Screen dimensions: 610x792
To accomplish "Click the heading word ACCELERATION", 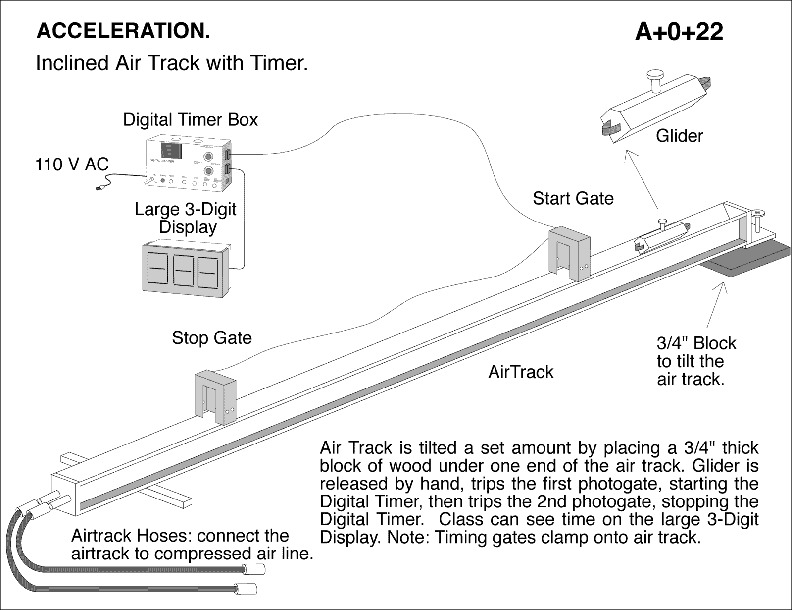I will point(123,31).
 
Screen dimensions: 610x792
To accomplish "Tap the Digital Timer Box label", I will point(191,120).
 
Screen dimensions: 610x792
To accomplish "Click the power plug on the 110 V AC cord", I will point(99,188).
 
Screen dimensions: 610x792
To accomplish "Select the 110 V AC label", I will point(72,164).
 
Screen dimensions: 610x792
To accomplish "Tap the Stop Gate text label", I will point(212,338).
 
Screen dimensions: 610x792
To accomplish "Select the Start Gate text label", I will point(573,199).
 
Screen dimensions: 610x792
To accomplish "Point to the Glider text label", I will point(679,136).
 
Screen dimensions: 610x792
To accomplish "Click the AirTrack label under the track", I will point(521,372).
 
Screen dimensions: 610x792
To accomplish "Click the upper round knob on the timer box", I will point(208,156).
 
